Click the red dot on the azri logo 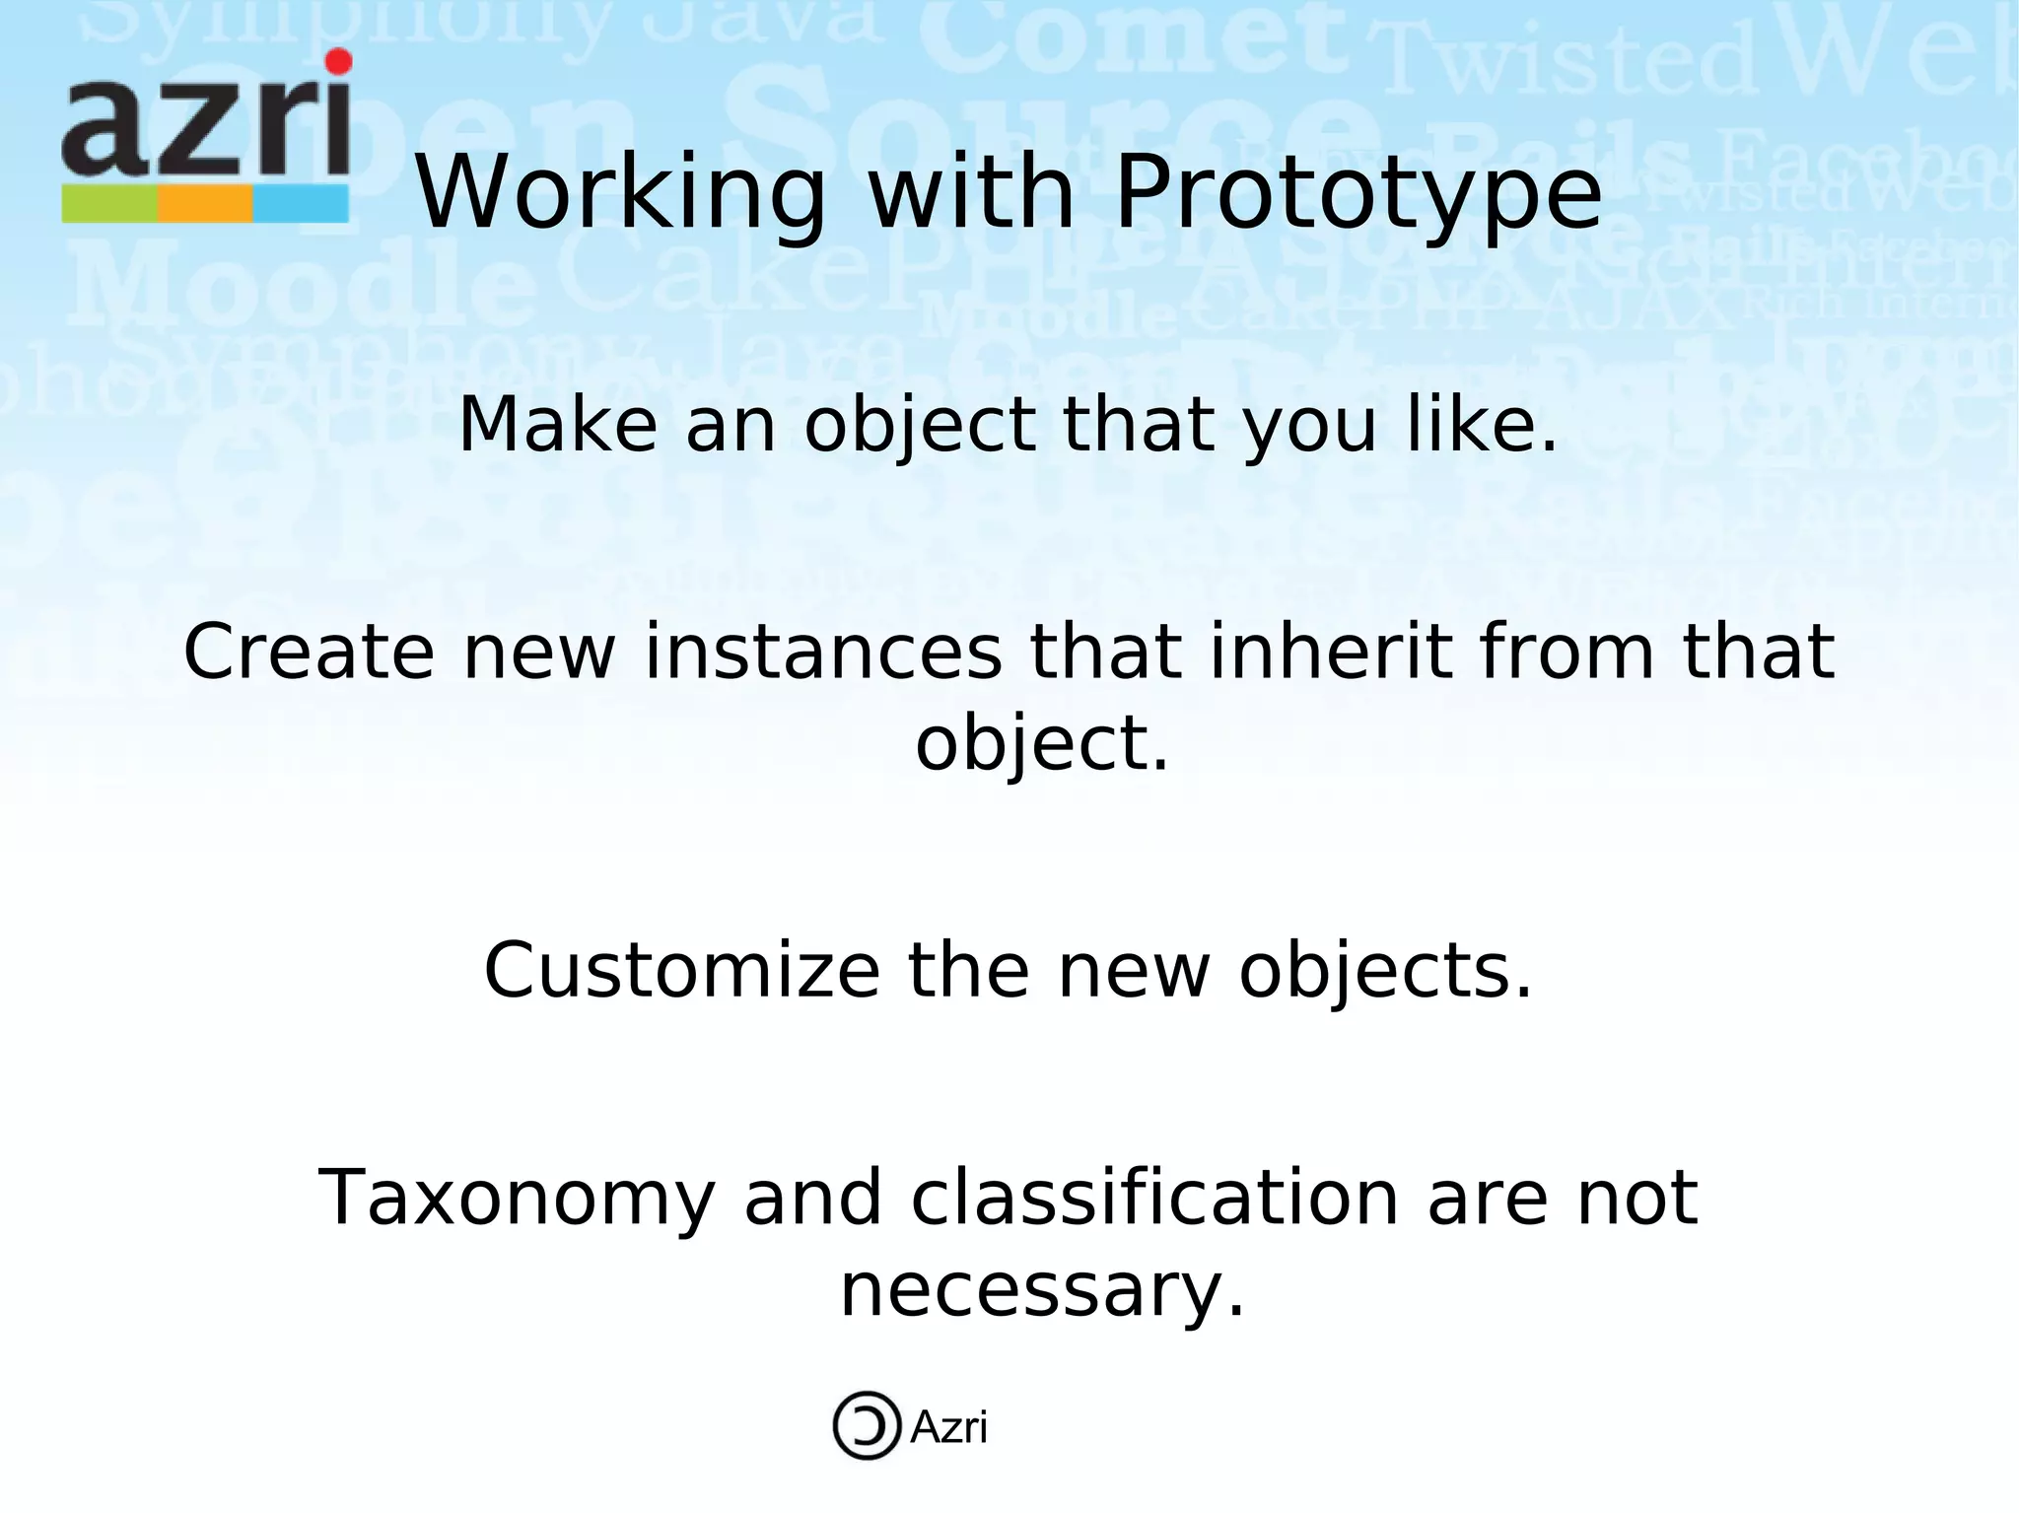[x=338, y=61]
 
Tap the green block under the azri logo [x=109, y=204]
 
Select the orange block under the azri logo [x=205, y=204]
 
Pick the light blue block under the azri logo [x=301, y=204]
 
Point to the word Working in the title [x=620, y=193]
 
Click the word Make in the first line [x=558, y=426]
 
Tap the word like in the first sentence [x=1482, y=426]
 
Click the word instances [x=823, y=653]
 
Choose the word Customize [x=681, y=971]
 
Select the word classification [x=1154, y=1198]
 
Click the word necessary [x=1041, y=1290]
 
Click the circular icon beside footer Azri [x=867, y=1425]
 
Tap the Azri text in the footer [x=948, y=1427]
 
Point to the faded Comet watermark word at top [x=1134, y=39]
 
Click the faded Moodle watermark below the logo [x=296, y=286]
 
